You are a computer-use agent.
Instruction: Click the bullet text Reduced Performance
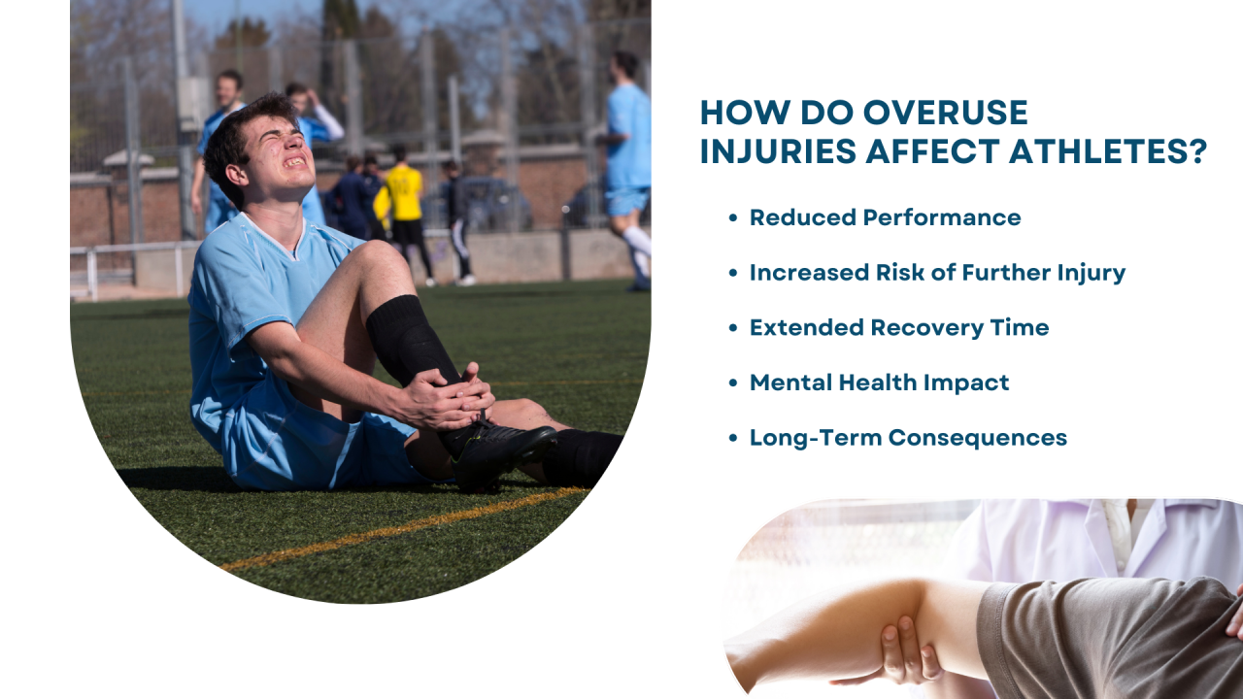pos(885,217)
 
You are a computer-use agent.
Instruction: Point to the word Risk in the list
pos(902,273)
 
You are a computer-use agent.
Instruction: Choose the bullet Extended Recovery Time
pos(898,327)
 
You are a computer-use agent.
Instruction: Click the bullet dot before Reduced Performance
pos(733,218)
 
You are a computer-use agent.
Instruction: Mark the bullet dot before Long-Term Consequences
pos(733,438)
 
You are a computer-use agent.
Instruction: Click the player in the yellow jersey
pos(404,194)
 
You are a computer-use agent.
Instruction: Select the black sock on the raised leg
pos(408,340)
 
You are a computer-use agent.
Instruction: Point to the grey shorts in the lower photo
pos(1107,641)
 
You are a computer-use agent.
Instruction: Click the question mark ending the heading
pos(1196,152)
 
